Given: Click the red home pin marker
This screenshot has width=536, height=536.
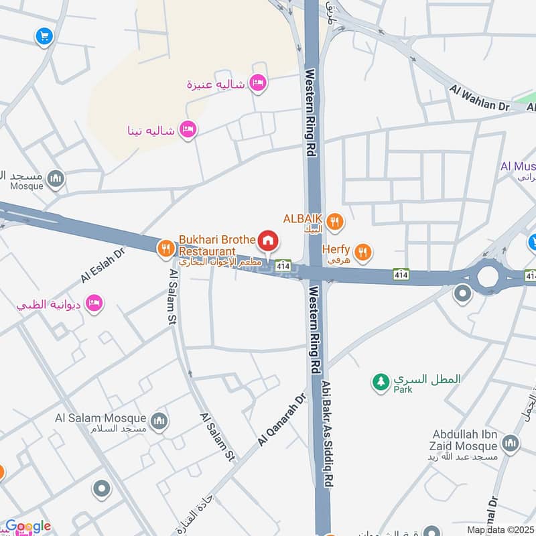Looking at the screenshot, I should (x=268, y=240).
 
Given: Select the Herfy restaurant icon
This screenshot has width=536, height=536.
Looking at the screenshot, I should (x=363, y=252).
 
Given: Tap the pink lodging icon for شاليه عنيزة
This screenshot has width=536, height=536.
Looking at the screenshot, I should (x=257, y=84).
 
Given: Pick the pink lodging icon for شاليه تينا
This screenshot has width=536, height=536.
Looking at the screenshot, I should (x=188, y=129).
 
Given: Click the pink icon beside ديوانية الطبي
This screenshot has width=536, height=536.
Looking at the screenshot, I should (x=95, y=304).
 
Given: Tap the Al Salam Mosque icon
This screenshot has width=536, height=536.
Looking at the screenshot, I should (x=159, y=421).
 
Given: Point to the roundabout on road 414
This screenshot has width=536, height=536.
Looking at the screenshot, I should (x=487, y=275).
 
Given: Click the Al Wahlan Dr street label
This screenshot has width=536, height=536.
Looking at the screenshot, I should (x=480, y=98).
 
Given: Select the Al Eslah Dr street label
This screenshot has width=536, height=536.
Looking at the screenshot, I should (x=103, y=266).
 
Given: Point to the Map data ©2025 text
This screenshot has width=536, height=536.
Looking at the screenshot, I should (x=500, y=529).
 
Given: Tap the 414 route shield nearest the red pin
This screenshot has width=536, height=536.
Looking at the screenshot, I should (x=283, y=265).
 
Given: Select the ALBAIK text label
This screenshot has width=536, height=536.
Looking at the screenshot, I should (x=303, y=218).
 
